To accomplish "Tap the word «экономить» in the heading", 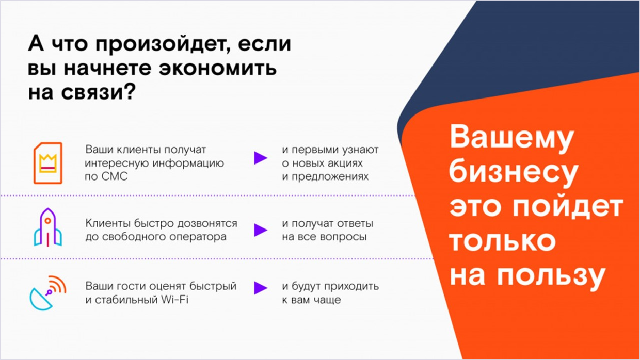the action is click(x=217, y=68).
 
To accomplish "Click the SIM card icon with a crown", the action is click(x=48, y=163).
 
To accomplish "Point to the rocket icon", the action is click(x=48, y=227).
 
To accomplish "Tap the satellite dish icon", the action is click(x=48, y=293).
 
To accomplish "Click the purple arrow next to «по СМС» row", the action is click(x=261, y=158).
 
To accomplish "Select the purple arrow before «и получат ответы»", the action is click(x=261, y=230).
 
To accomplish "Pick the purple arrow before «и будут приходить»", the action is click(x=261, y=288).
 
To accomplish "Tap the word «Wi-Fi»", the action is click(x=174, y=300).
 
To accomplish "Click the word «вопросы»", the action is click(x=343, y=237).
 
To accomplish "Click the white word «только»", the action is click(x=503, y=241).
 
